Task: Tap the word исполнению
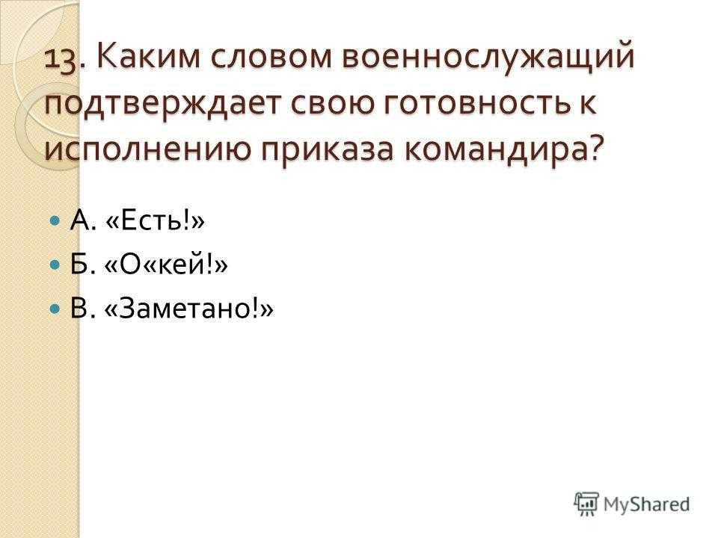pos(148,149)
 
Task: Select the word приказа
pos(328,150)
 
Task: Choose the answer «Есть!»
pos(155,221)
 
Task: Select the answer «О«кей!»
pos(166,265)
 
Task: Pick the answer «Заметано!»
pos(188,309)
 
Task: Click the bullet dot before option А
pos(55,222)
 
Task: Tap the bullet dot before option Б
pos(55,265)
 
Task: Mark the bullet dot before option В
pos(55,309)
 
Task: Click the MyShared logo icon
pos(586,504)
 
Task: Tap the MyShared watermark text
pos(646,504)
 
